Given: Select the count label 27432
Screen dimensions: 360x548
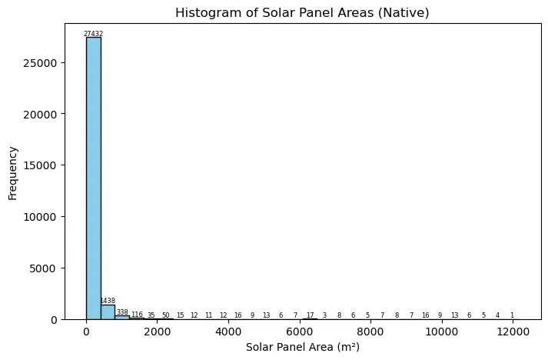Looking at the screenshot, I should coord(93,34).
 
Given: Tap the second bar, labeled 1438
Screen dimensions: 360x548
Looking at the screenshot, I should coord(108,312).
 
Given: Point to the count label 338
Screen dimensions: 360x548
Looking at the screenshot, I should coord(122,312).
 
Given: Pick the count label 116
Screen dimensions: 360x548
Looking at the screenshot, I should coord(137,315).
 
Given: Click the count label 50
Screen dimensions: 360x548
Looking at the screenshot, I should coord(165,315).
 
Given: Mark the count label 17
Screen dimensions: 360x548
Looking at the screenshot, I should coord(310,315).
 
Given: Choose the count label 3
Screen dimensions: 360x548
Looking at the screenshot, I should coord(324,315).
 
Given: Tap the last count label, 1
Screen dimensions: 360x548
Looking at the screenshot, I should coord(512,315).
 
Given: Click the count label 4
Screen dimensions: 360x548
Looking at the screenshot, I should coord(497,315).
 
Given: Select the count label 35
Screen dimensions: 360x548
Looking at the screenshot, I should coord(151,315).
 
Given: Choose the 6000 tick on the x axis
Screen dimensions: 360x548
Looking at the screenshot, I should coord(300,331).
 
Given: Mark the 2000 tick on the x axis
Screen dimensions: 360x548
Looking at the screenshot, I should coord(158,331).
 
